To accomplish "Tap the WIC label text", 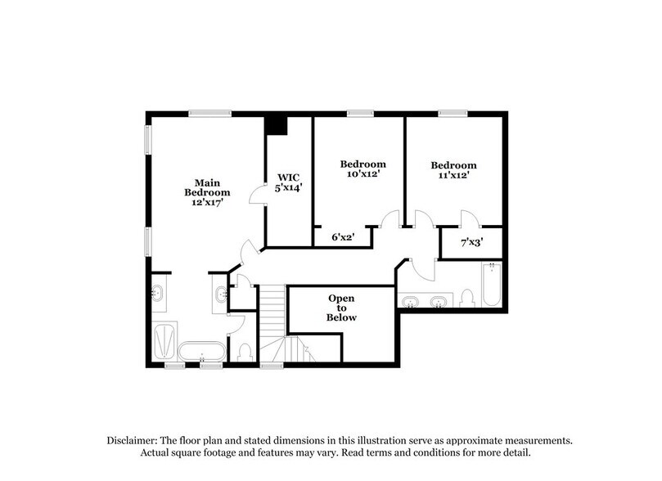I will click(289, 177).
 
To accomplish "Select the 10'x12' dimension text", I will click(363, 174).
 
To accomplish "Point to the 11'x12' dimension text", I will click(454, 175).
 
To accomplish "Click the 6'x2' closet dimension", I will click(341, 237).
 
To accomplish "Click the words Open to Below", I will click(341, 308).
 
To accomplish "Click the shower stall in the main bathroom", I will click(164, 341).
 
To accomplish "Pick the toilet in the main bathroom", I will click(245, 352).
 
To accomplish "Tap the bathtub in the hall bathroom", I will click(491, 285).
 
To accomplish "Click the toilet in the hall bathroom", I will click(467, 298).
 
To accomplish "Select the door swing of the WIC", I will click(257, 193).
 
